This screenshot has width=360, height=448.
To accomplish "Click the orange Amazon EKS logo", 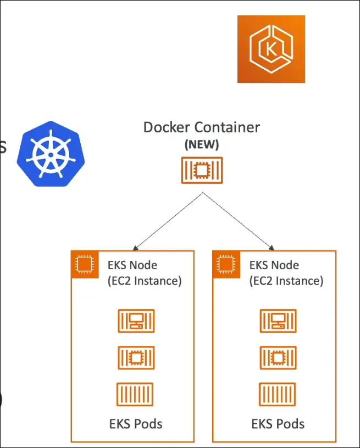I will pyautogui.click(x=271, y=49).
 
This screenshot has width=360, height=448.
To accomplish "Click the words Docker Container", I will pyautogui.click(x=201, y=127).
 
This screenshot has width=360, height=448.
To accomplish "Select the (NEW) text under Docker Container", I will pyautogui.click(x=201, y=145).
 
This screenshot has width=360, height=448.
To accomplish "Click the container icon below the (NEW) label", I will pyautogui.click(x=202, y=170).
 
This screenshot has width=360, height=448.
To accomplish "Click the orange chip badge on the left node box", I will pyautogui.click(x=84, y=265).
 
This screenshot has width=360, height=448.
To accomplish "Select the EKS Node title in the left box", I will pyautogui.click(x=132, y=265).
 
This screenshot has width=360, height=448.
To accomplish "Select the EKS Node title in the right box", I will pyautogui.click(x=274, y=265).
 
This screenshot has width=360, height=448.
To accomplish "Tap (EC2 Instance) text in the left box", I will pyautogui.click(x=144, y=281).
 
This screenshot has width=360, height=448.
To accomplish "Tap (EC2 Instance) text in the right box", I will pyautogui.click(x=286, y=281).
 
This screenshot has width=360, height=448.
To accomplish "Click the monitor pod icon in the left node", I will pyautogui.click(x=136, y=321).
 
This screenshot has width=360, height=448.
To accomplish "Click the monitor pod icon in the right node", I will pyautogui.click(x=278, y=321).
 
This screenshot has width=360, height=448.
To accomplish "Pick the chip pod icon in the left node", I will pyautogui.click(x=136, y=357).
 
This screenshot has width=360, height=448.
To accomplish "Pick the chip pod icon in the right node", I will pyautogui.click(x=278, y=357).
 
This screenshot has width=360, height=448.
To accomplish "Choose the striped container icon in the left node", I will pyautogui.click(x=135, y=394).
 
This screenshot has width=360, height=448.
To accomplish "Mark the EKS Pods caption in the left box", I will pyautogui.click(x=135, y=424).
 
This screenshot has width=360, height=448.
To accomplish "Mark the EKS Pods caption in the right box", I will pyautogui.click(x=278, y=424).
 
